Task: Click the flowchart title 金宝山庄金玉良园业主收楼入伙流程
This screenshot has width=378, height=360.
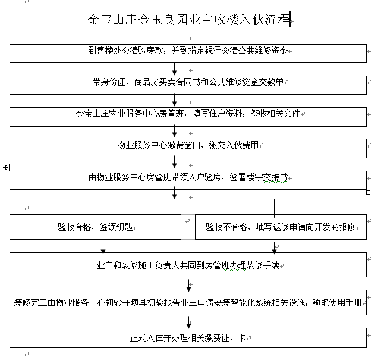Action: pos(189,20)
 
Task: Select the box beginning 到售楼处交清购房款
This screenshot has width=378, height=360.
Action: pos(188,54)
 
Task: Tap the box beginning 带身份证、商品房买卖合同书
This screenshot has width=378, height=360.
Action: pos(188,85)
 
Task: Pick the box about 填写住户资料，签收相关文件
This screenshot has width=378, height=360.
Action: pos(188,117)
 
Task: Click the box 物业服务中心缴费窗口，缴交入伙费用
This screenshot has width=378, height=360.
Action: pos(188,148)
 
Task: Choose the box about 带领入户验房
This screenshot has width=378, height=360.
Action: pos(188,180)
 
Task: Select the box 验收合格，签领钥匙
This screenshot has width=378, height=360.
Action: pos(95,227)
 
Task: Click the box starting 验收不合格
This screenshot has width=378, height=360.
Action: pos(281,227)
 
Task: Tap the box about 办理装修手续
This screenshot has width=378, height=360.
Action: pos(188,265)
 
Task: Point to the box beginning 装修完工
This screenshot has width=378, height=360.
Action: pos(188,302)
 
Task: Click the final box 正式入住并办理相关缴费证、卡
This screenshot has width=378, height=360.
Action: pos(188,337)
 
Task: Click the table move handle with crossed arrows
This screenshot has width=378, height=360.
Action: pos(5,167)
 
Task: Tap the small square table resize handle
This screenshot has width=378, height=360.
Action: pos(368,192)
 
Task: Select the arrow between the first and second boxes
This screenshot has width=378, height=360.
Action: pos(175,69)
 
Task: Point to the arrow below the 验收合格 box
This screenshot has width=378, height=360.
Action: pos(103,248)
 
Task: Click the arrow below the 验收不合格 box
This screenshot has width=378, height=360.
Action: pos(274,248)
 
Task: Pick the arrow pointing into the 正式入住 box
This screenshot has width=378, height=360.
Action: pos(189,323)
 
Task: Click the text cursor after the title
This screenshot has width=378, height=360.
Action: pos(290,20)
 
